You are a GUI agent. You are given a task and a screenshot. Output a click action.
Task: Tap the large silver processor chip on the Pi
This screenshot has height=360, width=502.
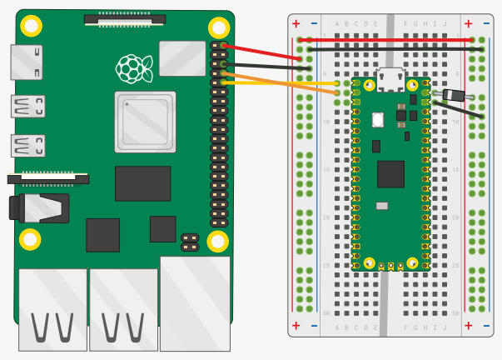[145, 122]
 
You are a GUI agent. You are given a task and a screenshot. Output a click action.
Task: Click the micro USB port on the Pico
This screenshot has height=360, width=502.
[390, 78]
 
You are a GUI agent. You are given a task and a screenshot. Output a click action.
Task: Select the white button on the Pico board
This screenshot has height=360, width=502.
[377, 119]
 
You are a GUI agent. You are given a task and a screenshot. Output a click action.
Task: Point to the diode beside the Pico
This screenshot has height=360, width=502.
[454, 95]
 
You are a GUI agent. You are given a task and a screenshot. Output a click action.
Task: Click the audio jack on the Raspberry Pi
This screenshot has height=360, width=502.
[37, 207]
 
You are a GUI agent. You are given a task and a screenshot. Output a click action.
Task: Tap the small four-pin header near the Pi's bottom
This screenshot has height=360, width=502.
[189, 242]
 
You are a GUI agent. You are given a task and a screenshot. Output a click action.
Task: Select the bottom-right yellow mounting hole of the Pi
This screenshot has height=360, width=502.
[217, 242]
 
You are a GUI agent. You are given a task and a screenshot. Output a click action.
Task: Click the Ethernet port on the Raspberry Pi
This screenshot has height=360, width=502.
[195, 304]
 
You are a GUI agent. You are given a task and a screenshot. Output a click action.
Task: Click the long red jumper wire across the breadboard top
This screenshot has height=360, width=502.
[391, 39]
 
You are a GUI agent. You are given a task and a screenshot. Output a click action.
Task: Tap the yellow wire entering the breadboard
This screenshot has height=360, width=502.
[283, 82]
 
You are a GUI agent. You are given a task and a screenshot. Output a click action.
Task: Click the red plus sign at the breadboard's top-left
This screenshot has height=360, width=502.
[296, 23]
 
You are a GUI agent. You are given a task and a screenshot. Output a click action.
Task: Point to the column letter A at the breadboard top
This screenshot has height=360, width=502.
[336, 23]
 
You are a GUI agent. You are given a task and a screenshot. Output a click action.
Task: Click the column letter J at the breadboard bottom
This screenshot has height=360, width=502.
[445, 327]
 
